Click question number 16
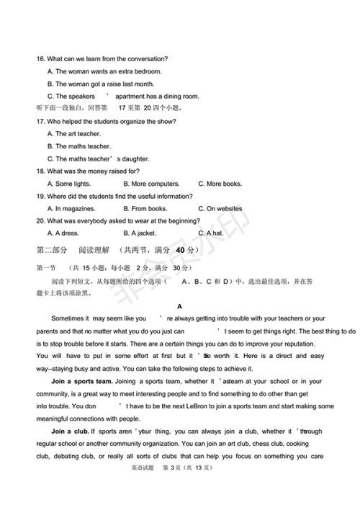point(41,58)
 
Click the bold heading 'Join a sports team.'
point(82,381)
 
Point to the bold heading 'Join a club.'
point(70,431)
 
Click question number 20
point(41,221)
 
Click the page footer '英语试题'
point(143,488)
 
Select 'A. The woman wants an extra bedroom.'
point(104,71)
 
